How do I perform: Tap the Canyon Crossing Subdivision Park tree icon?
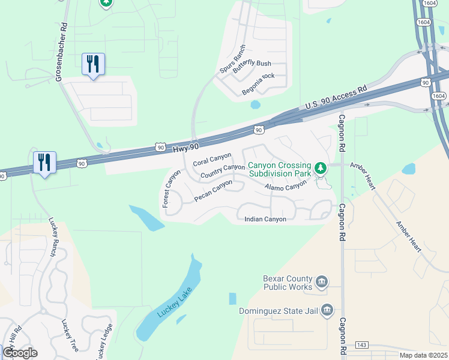point(321,167)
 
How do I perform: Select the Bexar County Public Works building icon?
point(322,281)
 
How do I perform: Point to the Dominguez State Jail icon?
point(327,310)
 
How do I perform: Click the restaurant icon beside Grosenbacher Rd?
point(93,63)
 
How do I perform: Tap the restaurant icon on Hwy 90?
point(44,162)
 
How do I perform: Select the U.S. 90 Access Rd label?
point(336,97)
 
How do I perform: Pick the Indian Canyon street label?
point(265,219)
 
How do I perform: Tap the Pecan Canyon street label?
point(213,191)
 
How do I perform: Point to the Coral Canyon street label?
point(212,160)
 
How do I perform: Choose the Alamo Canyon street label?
point(286,188)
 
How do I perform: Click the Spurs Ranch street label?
point(232,59)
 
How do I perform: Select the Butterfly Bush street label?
point(252,66)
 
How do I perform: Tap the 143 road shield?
point(361,346)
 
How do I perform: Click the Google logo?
point(20,352)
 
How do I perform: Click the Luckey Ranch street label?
point(52,237)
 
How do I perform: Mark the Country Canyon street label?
point(223,171)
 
